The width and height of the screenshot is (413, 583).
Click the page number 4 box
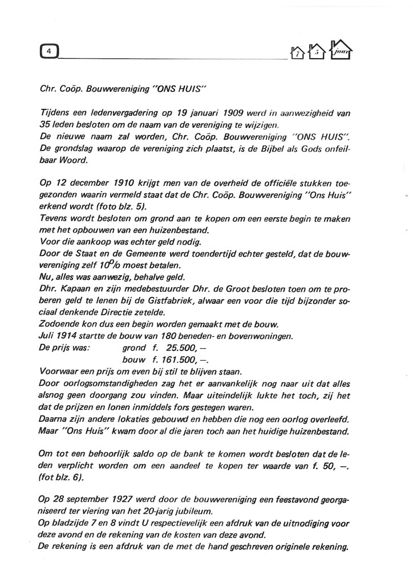[50, 51]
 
